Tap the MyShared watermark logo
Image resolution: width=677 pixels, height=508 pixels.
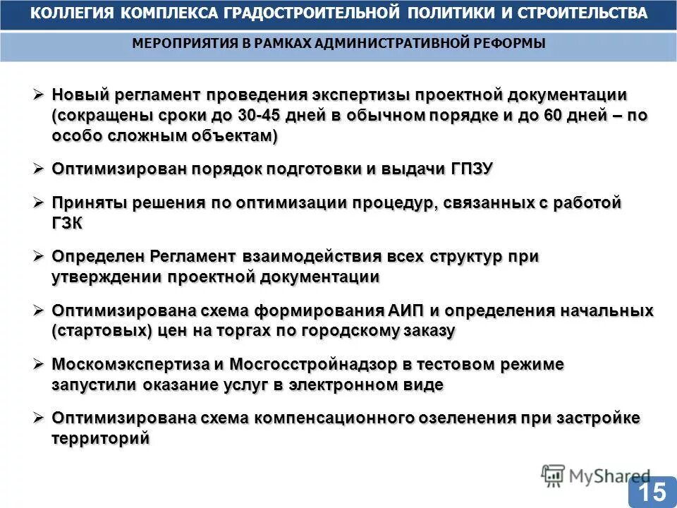[x=597, y=476]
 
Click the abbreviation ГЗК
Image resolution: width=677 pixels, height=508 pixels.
[x=67, y=223]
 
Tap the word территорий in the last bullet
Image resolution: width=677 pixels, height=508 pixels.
[x=100, y=438]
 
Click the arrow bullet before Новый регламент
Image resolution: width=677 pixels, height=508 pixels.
[x=39, y=95]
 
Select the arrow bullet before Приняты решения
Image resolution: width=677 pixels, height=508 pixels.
[x=39, y=202]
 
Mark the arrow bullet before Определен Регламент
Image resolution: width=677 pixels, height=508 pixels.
[x=39, y=256]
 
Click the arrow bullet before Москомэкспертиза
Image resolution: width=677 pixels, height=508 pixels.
[x=39, y=364]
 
